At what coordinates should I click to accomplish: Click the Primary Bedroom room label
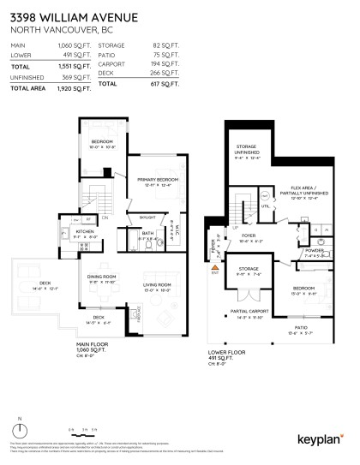tap(154, 179)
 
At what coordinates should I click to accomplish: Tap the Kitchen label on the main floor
tap(83, 231)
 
